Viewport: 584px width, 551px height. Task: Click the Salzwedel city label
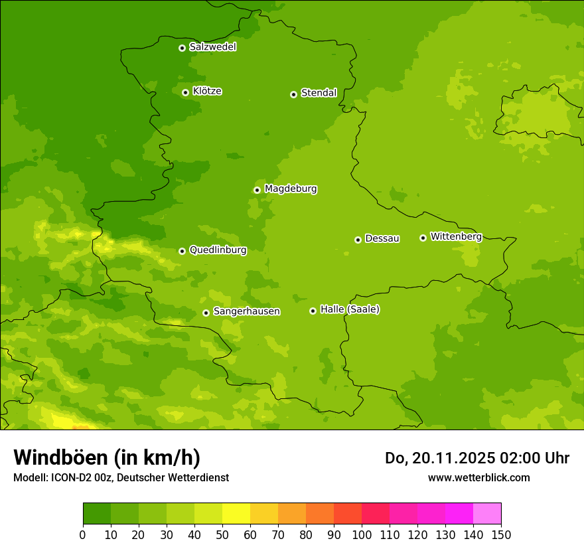(212, 47)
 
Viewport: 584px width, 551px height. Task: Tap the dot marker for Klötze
(185, 92)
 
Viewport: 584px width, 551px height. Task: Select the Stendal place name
(319, 93)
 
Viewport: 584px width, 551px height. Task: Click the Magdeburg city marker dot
(257, 190)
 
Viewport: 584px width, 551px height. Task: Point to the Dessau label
(382, 238)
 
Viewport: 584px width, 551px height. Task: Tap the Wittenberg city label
(456, 236)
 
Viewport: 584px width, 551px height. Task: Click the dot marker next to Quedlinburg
(182, 251)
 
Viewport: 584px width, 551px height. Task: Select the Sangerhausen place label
(246, 311)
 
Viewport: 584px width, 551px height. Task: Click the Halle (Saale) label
(350, 309)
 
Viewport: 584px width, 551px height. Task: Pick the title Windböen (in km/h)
(107, 457)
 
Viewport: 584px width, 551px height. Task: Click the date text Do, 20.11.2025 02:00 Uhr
(476, 458)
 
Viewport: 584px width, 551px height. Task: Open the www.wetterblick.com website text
(478, 477)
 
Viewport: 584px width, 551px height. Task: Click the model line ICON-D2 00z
(121, 477)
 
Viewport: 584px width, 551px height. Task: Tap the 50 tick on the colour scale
(222, 534)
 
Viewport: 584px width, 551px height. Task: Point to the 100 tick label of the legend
(362, 534)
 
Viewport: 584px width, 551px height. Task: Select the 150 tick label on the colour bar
(501, 534)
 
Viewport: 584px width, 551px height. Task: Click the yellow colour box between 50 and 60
(236, 514)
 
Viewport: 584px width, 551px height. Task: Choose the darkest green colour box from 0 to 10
(97, 514)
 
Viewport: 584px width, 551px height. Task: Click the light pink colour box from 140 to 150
(487, 514)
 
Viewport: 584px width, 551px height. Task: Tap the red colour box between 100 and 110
(376, 514)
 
